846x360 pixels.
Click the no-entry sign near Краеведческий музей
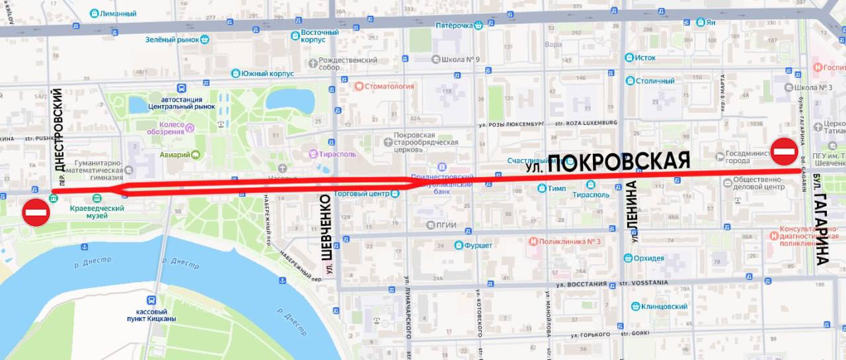pos(36,213)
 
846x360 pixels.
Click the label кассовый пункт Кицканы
pos(157,315)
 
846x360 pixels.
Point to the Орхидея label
pos(648,258)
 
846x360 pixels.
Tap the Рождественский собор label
pos(347,63)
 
